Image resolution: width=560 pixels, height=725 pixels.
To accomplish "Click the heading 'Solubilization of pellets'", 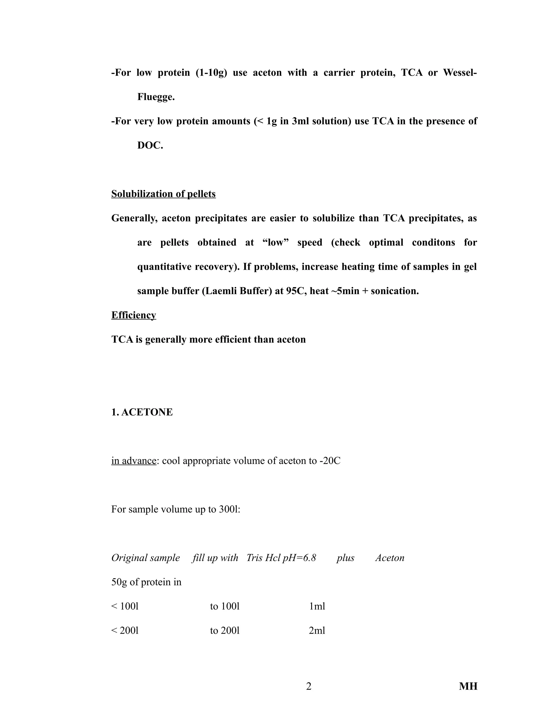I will click(x=163, y=194).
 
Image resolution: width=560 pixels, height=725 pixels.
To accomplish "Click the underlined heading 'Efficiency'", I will click(x=133, y=315).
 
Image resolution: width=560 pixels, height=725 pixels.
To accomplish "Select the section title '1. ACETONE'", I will click(x=142, y=412).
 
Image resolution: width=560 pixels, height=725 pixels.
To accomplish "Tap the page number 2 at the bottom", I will click(x=308, y=686).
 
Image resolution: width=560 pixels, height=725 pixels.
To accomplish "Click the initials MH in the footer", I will click(x=468, y=686).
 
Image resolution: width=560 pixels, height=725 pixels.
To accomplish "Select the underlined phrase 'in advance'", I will click(x=134, y=461).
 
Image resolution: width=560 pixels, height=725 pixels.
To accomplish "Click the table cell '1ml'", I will click(x=317, y=606).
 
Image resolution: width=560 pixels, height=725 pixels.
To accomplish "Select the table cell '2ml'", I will click(x=317, y=630).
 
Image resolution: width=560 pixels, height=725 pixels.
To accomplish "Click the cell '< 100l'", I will click(x=125, y=606).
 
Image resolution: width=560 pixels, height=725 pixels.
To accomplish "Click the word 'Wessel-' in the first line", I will click(x=460, y=73).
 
